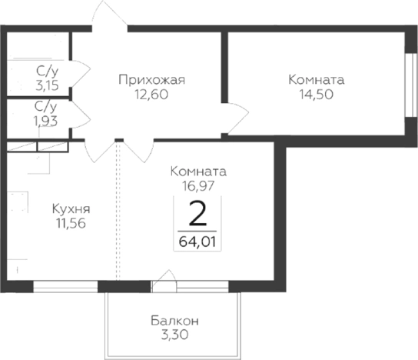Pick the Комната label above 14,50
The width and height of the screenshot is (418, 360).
pos(316,80)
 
